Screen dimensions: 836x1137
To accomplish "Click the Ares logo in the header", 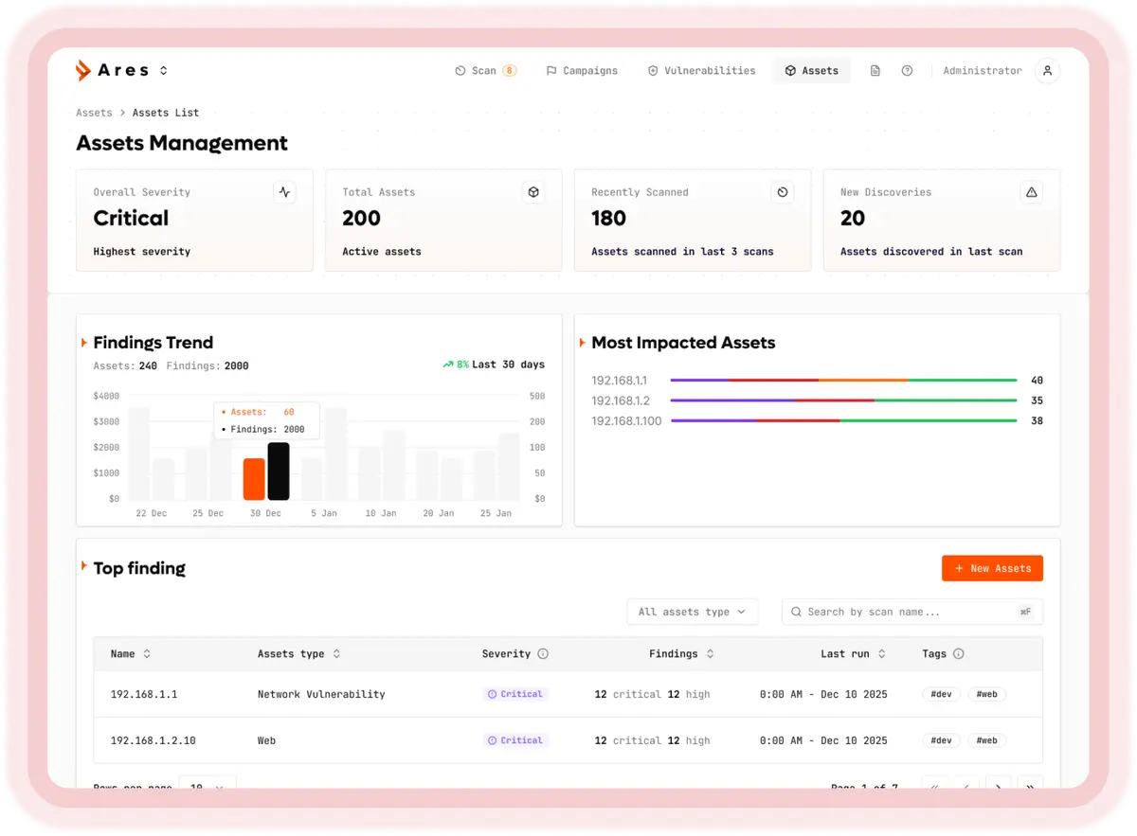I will pos(113,70).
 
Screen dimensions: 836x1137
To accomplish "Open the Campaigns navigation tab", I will pos(582,71).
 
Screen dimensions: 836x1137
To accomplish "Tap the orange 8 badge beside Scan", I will pos(509,71).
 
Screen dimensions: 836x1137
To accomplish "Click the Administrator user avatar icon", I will pos(1047,71).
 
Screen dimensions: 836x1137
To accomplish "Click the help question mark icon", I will pos(907,71).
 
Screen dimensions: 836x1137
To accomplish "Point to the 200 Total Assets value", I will pos(361,219).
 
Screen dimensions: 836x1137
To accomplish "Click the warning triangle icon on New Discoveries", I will pos(1032,192).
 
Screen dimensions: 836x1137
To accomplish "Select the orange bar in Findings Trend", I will pos(254,479).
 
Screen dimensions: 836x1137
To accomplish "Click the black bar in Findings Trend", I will pos(279,471).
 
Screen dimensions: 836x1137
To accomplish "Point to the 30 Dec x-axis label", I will pos(265,513).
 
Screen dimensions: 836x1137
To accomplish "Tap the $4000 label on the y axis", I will pos(106,396).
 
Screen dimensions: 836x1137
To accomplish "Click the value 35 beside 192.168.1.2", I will pos(1037,400).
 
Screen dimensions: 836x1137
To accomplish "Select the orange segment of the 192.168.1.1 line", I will pos(863,381).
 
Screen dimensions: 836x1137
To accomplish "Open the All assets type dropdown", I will pos(693,612).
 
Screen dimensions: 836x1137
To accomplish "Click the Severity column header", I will pos(507,654).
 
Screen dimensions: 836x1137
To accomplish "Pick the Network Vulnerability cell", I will pos(321,694).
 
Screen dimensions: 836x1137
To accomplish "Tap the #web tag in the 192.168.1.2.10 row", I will pos(986,740).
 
